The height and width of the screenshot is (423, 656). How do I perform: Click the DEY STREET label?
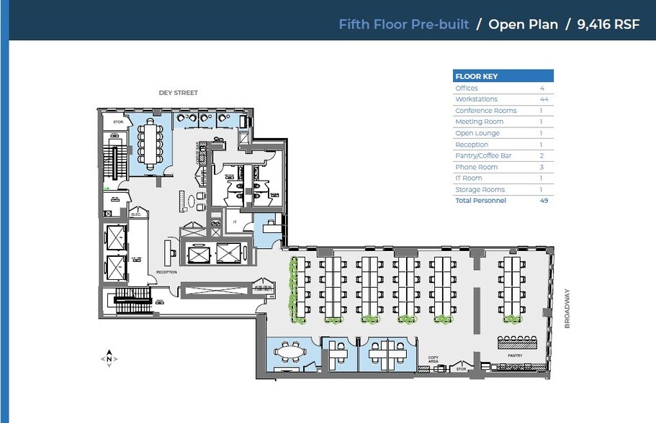pos(178,93)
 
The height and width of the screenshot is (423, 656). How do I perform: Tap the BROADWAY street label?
pos(567,309)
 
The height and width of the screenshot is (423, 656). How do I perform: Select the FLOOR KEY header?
pos(476,76)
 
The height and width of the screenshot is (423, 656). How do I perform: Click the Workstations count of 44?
pos(544,99)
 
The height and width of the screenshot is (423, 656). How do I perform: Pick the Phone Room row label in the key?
pos(476,167)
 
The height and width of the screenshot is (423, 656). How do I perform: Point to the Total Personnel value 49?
pos(544,201)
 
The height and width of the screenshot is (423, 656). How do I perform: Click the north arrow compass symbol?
pos(109,358)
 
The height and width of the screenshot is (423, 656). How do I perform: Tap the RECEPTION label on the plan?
pos(167,272)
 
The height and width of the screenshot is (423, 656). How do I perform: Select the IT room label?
pos(234,223)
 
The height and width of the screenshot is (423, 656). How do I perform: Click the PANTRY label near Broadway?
pos(514,355)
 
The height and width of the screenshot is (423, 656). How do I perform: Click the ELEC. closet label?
pos(135,214)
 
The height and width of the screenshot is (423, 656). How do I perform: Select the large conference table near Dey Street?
pos(151,142)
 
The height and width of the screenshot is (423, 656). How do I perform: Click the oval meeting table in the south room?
pos(289,352)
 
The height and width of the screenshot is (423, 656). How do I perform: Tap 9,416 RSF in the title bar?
pos(608,24)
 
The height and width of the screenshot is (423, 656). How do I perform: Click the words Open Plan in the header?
pos(523,24)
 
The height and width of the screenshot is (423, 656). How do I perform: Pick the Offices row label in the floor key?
pos(467,88)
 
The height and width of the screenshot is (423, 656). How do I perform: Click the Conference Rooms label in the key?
pos(485,111)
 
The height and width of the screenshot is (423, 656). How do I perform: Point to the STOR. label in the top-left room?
pos(118,122)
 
